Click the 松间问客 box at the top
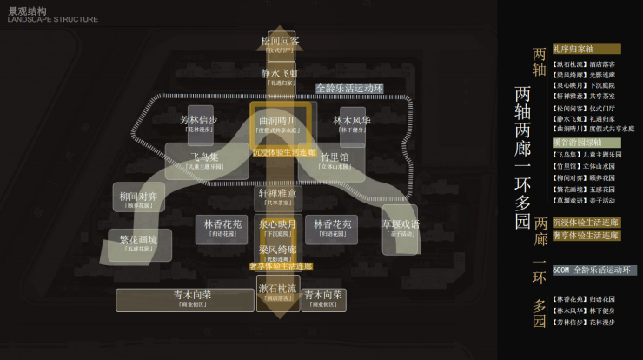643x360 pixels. pos(280,44)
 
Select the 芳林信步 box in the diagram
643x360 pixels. pos(199,123)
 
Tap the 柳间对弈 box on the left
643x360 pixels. pos(138,199)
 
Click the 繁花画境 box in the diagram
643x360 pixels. pos(138,243)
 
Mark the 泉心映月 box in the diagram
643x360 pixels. pos(278,228)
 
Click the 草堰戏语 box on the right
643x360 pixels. pos(400,228)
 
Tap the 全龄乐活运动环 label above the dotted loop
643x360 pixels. pos(349,89)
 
